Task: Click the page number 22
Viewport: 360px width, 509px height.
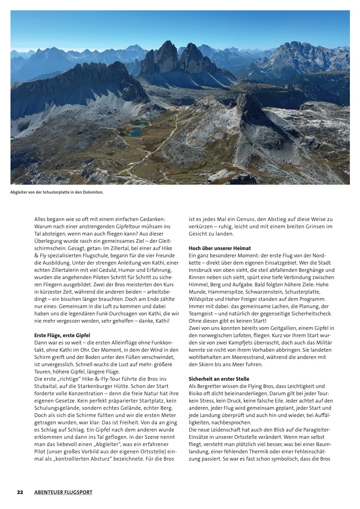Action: pyautogui.click(x=20, y=492)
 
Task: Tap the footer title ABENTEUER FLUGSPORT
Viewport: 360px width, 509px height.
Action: pyautogui.click(x=63, y=492)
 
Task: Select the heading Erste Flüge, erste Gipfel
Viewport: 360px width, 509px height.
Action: pyautogui.click(x=62, y=335)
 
